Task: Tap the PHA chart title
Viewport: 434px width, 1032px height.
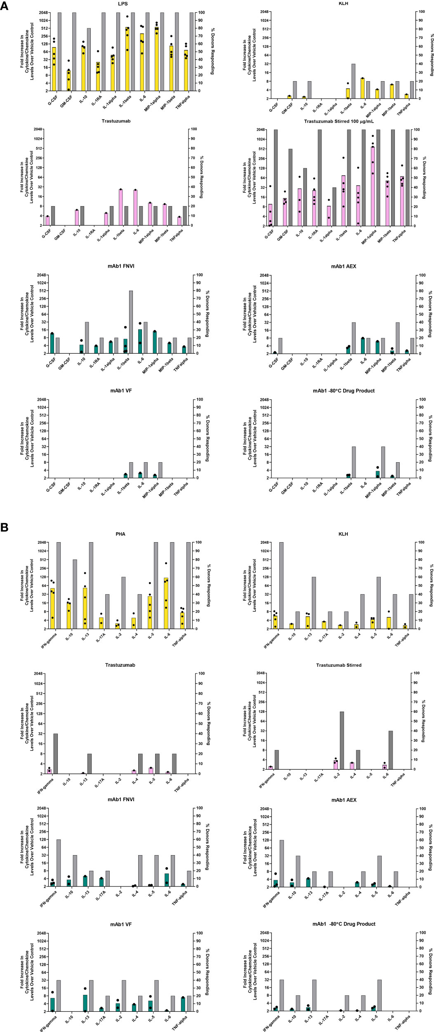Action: [120, 534]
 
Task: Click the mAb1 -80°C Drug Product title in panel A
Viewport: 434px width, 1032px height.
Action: [343, 390]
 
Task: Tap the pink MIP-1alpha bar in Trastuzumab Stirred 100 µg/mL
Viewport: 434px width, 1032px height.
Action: [373, 186]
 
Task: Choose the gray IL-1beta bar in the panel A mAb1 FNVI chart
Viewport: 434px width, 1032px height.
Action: [131, 322]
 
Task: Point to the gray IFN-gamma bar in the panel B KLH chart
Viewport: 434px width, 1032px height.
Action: [281, 585]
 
